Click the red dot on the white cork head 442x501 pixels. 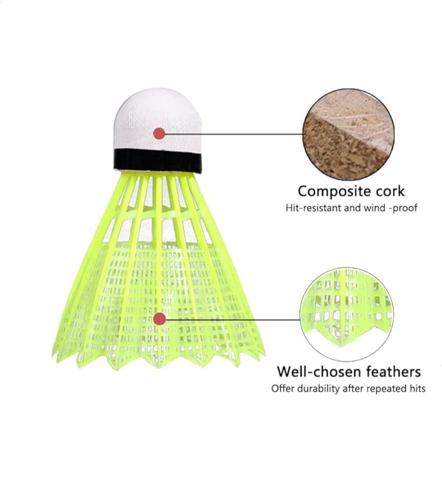click(159, 134)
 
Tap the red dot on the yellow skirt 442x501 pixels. click(159, 319)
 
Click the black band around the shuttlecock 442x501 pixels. click(158, 161)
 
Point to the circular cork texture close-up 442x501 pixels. click(348, 135)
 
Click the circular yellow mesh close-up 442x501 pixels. click(347, 314)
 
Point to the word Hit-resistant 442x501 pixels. click(313, 208)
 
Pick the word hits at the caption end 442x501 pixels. click(416, 389)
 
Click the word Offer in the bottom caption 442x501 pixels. click(283, 389)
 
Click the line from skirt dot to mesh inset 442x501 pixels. click(233, 319)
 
